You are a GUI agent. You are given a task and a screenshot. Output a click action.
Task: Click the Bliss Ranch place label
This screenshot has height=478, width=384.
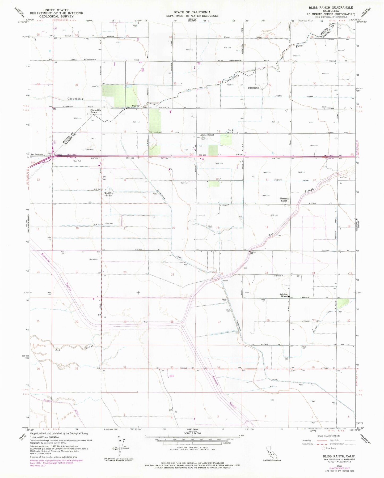click(x=253, y=88)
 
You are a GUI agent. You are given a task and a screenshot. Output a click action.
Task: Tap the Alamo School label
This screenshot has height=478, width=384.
click(x=207, y=135)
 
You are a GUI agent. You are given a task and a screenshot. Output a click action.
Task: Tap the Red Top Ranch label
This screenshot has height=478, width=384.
click(x=109, y=194)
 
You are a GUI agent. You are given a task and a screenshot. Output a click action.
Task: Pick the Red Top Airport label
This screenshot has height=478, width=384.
click(x=37, y=154)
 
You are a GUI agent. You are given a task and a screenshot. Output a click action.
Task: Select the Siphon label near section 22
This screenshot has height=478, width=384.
click(x=225, y=281)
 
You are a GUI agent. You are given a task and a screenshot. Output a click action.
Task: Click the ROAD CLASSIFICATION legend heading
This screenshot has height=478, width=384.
click(x=328, y=436)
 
